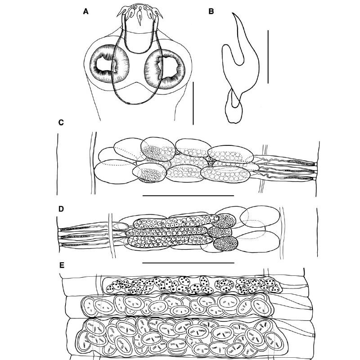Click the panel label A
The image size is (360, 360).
pos(85,12)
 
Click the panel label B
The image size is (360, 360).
pos(211,12)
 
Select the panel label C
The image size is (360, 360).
pos(61,123)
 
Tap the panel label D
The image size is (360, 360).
pos(61,209)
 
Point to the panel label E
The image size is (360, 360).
pos(62,265)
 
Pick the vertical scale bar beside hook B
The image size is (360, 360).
pos(268,58)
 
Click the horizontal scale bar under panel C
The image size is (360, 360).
pos(188,196)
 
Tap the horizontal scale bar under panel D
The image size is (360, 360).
pos(188,263)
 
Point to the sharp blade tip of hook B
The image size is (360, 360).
pos(232,13)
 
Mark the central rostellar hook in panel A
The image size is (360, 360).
pos(139,16)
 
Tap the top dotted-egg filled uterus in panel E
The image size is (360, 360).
pos(193,285)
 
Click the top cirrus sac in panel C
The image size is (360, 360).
pos(285,160)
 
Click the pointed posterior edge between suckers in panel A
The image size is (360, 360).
pos(136,82)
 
